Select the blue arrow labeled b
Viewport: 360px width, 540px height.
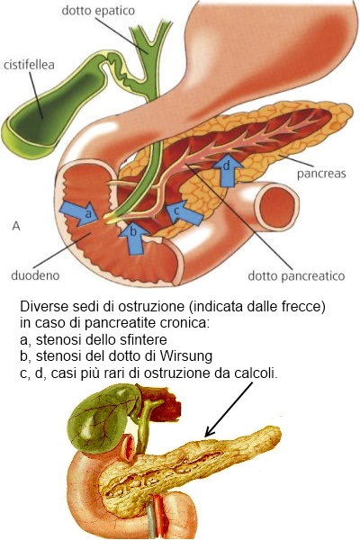tap(133, 238)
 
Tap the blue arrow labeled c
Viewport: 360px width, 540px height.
tap(183, 211)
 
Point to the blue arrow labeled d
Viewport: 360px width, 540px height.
tap(227, 169)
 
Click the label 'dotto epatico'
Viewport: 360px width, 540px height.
tap(98, 11)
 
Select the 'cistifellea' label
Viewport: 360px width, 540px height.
tap(29, 65)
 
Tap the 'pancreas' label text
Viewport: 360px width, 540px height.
tap(321, 173)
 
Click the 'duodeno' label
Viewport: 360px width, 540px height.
tap(35, 275)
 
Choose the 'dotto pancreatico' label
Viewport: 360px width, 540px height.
tap(296, 276)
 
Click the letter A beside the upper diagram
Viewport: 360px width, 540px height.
tap(16, 226)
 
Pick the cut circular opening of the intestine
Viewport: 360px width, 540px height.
tap(276, 206)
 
